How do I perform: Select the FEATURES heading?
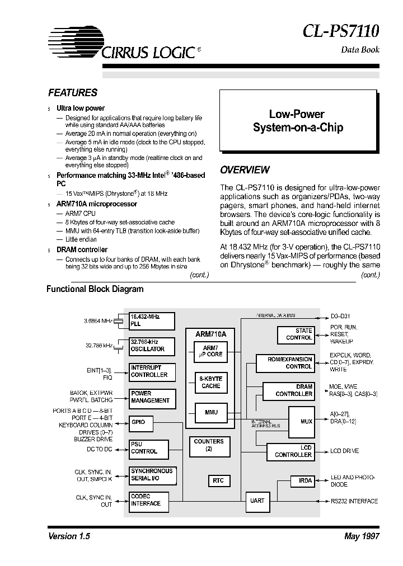coord(73,93)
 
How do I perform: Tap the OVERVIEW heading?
coord(245,170)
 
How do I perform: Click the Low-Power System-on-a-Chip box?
coord(297,121)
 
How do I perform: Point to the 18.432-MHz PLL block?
coord(152,320)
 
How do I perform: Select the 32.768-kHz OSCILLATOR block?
coord(152,346)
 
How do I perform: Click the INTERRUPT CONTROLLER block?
coord(152,371)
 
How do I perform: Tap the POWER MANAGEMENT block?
coord(152,397)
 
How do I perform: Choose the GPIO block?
coord(152,422)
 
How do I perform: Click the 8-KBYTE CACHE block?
coord(210,383)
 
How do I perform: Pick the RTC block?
coord(218,480)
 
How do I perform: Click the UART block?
coord(257,501)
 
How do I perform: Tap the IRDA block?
coord(305,480)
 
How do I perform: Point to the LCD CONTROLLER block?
coord(293,451)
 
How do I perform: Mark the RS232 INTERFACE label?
coord(354,501)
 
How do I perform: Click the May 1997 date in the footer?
coord(362,536)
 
